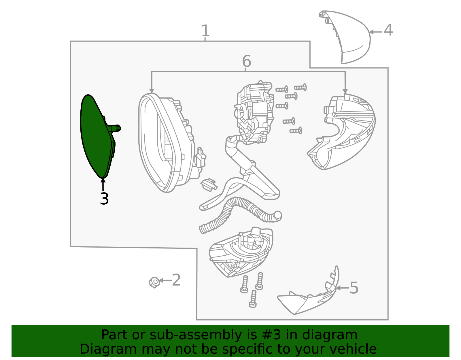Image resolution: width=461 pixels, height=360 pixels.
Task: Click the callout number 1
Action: click(205, 31)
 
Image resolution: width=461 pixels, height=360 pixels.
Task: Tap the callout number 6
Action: click(247, 61)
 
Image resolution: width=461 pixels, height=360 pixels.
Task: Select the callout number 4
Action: click(388, 30)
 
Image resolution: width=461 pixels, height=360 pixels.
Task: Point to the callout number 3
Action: click(104, 199)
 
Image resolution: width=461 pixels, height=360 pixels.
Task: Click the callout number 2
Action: click(176, 280)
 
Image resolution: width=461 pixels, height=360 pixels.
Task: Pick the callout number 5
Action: click(354, 288)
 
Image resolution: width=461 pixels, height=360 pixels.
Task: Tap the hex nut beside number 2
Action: click(154, 282)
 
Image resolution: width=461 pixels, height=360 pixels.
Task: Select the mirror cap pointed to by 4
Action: click(345, 37)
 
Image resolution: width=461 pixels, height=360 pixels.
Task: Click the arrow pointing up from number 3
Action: click(103, 185)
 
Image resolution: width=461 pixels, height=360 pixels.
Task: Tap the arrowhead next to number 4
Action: click(371, 32)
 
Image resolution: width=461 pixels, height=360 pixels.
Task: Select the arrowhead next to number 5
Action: click(338, 288)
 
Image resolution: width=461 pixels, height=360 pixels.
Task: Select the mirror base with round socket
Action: click(241, 252)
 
